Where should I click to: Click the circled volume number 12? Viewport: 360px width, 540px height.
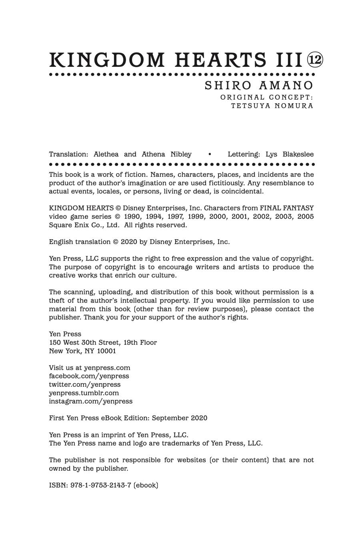(x=315, y=60)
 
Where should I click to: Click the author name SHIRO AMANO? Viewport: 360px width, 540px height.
(x=259, y=86)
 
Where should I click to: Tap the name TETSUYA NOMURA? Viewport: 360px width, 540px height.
(x=272, y=106)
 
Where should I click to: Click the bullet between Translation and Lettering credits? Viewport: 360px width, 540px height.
(x=210, y=154)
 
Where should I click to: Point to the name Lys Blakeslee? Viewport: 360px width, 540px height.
(x=290, y=154)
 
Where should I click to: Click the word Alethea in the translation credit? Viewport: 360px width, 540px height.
(x=106, y=154)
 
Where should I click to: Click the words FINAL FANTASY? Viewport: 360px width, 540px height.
(x=287, y=208)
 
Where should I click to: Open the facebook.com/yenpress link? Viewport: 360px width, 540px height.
(x=89, y=376)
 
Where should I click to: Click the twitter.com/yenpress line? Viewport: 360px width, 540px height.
(x=84, y=384)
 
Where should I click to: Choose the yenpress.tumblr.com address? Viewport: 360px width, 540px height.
(x=84, y=393)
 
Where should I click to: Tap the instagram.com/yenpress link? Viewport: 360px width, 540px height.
(x=90, y=401)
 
